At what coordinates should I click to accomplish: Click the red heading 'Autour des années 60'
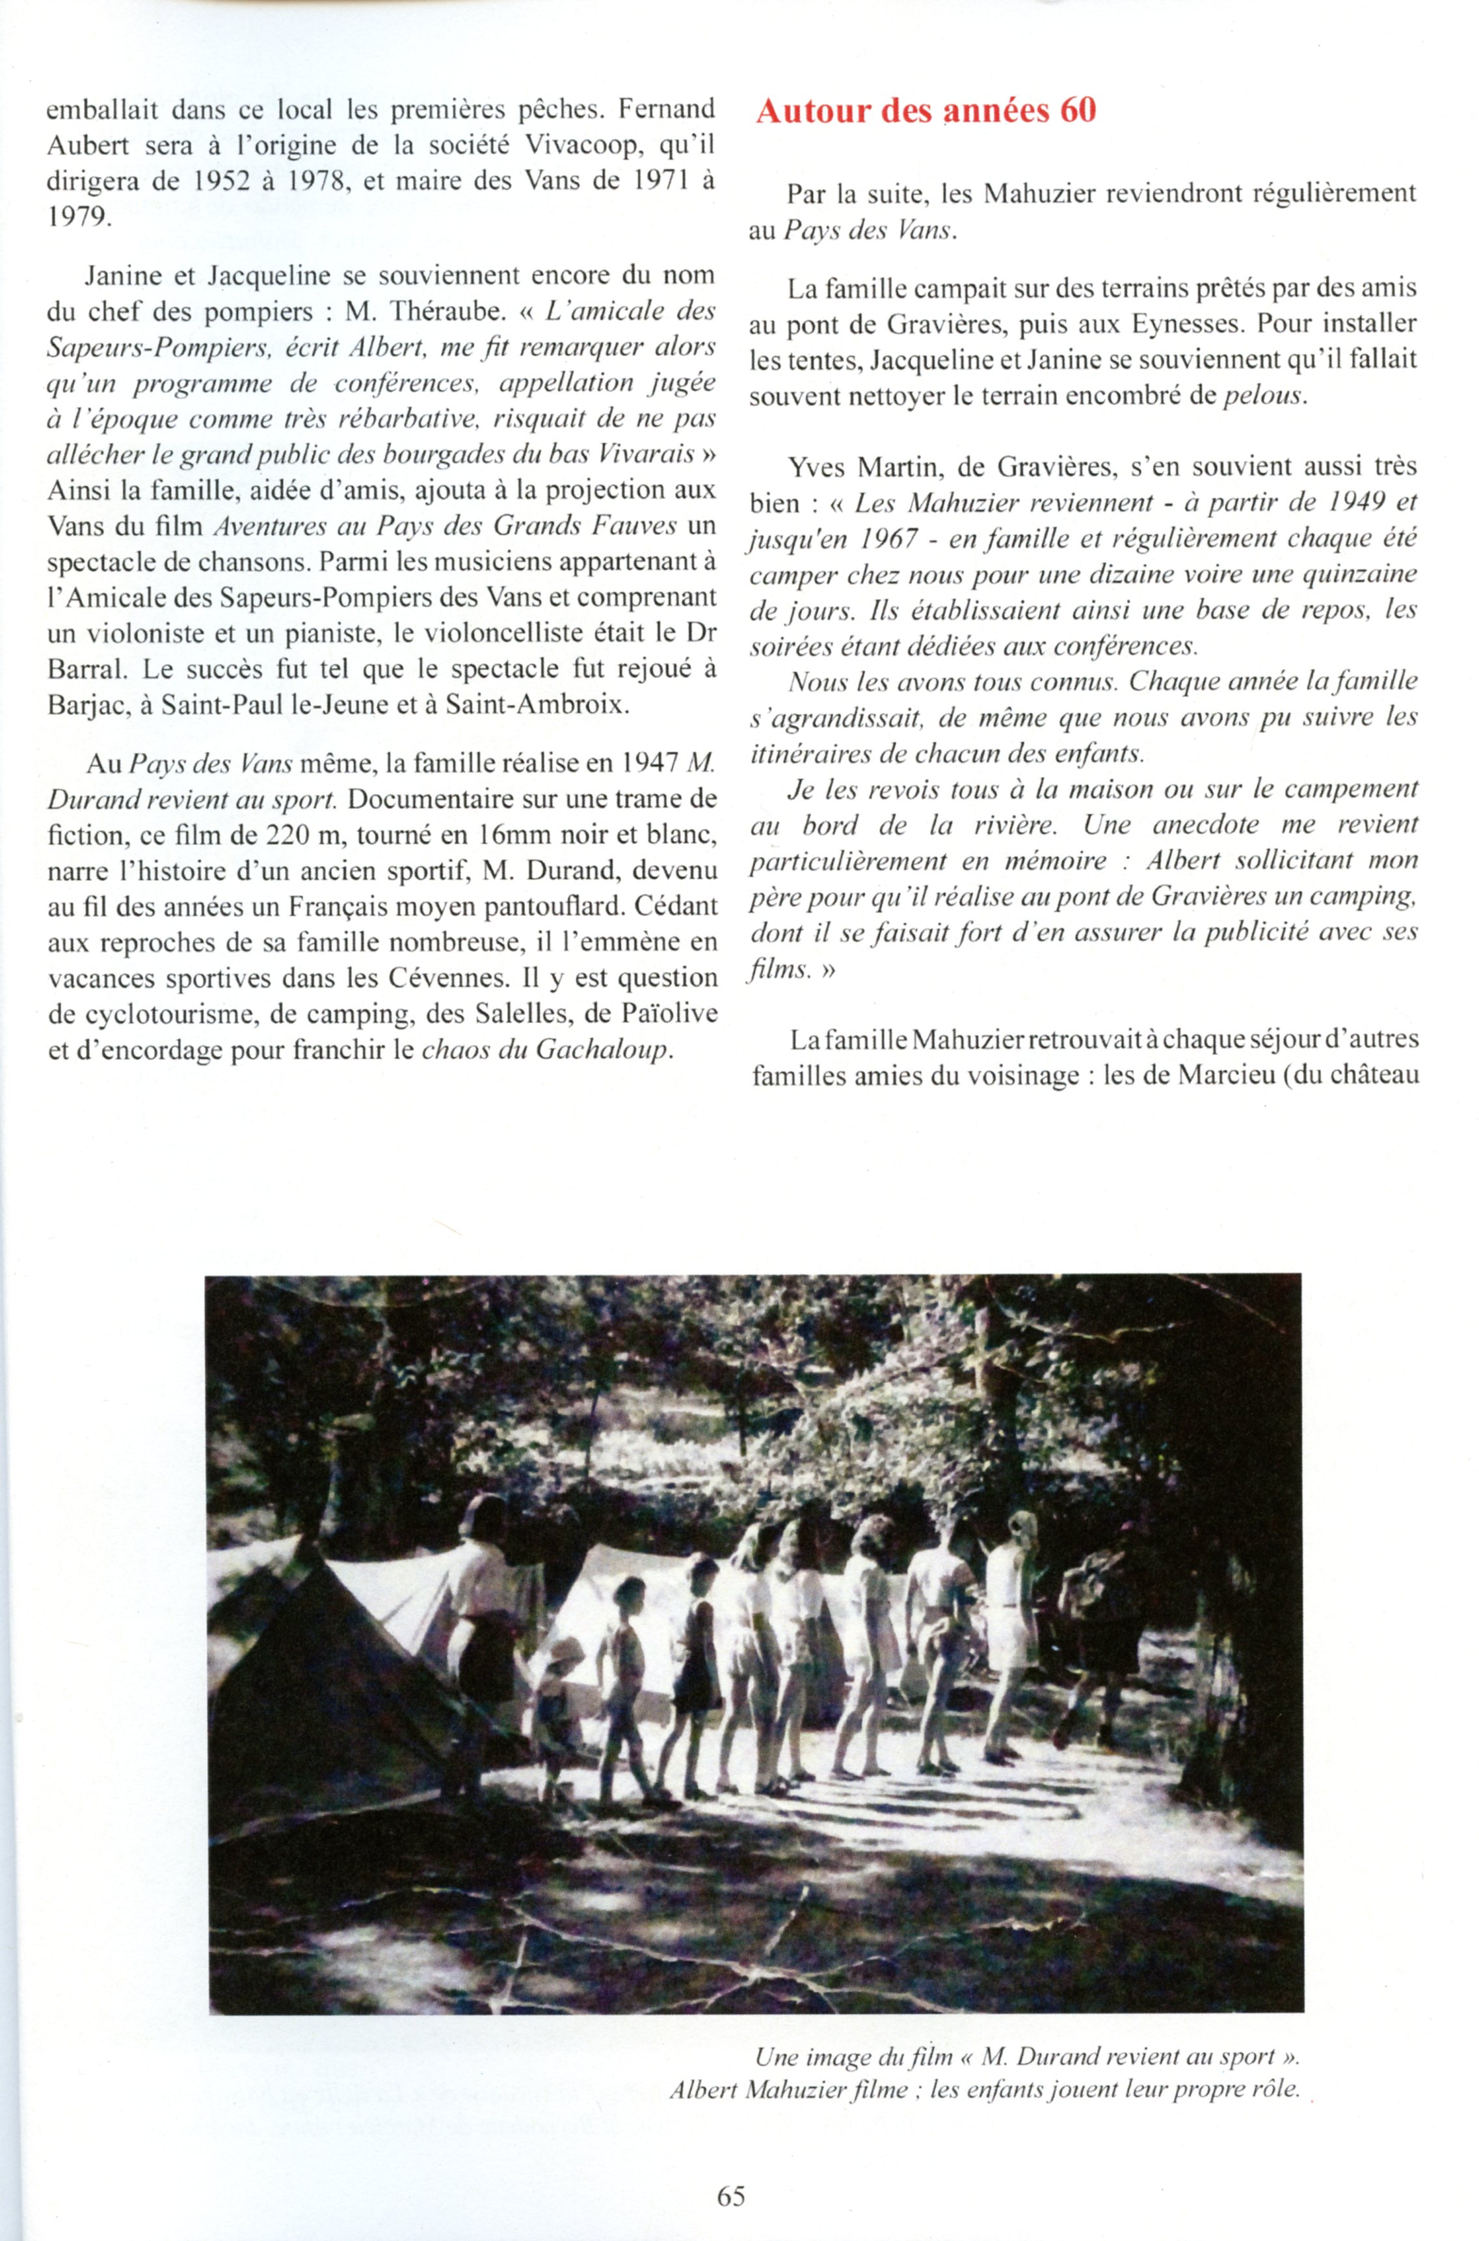pyautogui.click(x=926, y=111)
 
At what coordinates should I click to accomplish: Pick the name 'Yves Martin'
pyautogui.click(x=861, y=467)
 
